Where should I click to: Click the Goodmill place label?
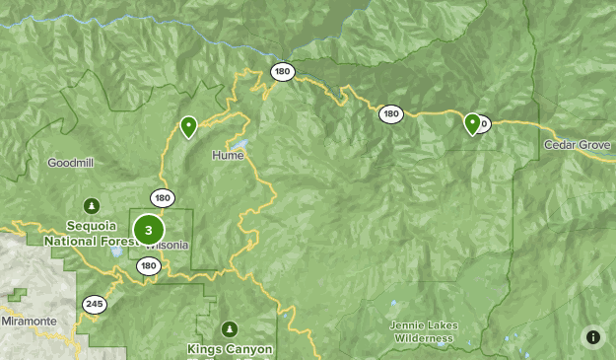click(71, 162)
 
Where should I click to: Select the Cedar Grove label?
click(579, 144)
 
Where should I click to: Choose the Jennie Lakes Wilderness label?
click(422, 332)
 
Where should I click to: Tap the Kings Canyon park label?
click(231, 348)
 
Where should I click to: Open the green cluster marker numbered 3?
click(148, 231)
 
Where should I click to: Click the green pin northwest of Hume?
click(188, 126)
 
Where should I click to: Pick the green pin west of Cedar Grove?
click(472, 123)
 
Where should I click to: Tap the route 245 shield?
click(95, 304)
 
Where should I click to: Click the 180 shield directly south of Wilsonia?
click(149, 265)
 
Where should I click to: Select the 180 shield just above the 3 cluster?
click(163, 198)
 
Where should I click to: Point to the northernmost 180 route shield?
click(283, 71)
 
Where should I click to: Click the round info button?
click(592, 336)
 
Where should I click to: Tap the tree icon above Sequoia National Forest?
click(92, 205)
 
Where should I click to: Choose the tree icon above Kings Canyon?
click(230, 328)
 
